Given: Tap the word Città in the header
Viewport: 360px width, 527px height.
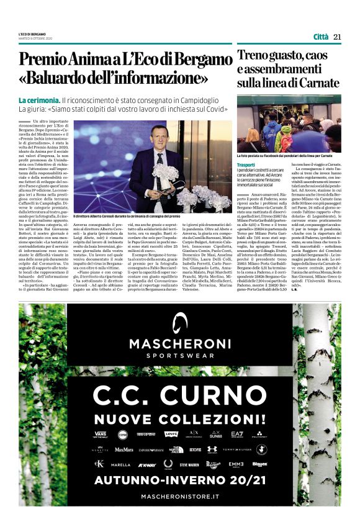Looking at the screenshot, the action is click(321, 37).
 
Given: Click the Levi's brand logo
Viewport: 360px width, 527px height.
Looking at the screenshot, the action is click(171, 434).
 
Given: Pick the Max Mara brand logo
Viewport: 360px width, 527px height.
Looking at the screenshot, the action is click(124, 449).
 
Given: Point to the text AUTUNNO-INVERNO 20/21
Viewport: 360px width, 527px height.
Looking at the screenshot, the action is click(180, 480).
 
